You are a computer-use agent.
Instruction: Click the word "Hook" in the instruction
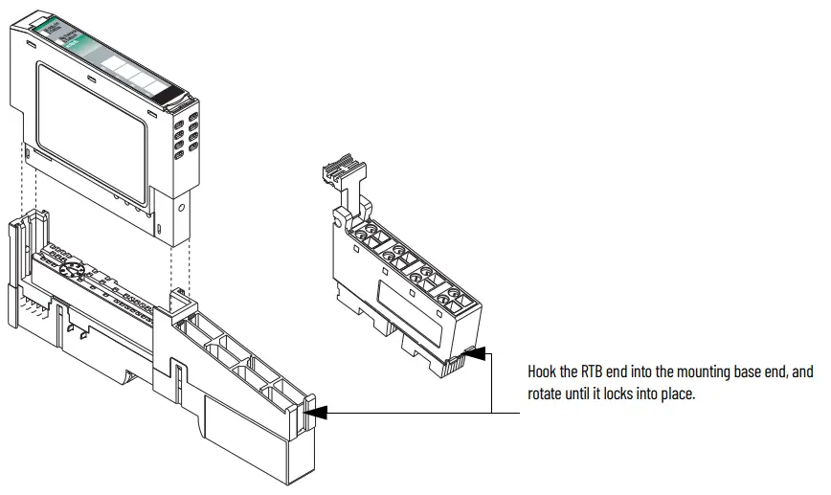543,371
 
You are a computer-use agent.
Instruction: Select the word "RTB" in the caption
591,371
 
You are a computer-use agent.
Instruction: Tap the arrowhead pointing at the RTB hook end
476,355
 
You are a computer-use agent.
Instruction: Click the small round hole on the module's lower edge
181,204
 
